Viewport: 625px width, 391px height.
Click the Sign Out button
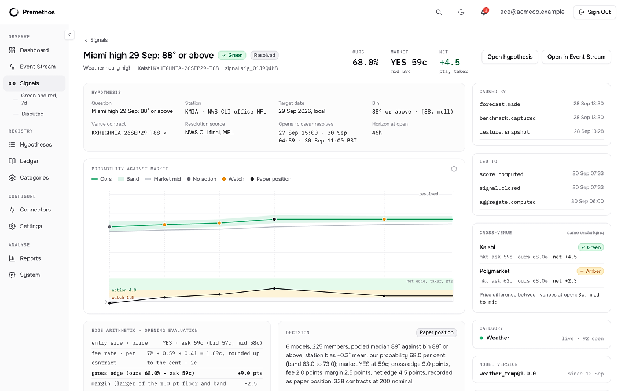[594, 12]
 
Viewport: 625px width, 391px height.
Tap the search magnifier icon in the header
[439, 12]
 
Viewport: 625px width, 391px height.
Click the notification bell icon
[484, 12]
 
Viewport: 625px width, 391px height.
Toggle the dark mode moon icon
[461, 12]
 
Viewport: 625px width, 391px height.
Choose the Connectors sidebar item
[34, 210]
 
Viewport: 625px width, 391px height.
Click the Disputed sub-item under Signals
[32, 114]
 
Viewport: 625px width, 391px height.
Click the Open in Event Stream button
[576, 57]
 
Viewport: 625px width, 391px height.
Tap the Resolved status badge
[264, 56]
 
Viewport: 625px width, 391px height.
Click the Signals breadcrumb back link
[96, 40]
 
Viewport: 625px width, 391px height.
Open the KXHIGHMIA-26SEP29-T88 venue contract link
[128, 133]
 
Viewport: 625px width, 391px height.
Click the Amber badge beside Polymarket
[590, 271]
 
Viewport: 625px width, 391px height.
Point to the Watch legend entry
[233, 179]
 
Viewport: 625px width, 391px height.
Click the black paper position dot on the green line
[274, 220]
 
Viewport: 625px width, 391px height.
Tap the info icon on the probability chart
[454, 169]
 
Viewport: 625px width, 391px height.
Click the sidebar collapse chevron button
[69, 35]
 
